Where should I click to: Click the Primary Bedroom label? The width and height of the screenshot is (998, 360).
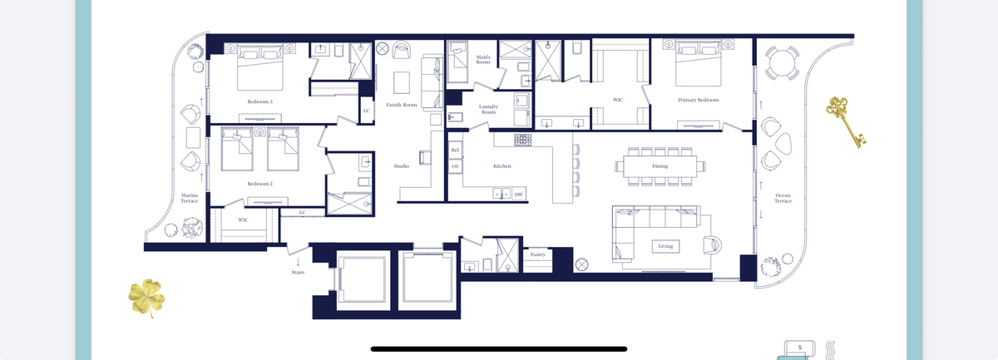[698, 101]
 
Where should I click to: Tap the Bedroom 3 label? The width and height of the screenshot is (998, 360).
[259, 101]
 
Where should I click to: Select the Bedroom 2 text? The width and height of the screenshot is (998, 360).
[259, 184]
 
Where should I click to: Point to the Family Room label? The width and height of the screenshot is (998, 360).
[402, 105]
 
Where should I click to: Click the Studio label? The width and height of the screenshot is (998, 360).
[402, 166]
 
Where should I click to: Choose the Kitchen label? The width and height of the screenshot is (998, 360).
[502, 166]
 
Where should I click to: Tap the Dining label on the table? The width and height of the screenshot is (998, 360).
[660, 166]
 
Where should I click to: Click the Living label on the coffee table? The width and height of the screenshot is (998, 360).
[665, 246]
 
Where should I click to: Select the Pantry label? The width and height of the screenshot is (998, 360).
[538, 254]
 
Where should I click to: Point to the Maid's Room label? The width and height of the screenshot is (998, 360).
[483, 60]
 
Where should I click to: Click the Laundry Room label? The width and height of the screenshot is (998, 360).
[488, 109]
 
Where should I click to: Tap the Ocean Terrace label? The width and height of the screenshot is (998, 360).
[783, 198]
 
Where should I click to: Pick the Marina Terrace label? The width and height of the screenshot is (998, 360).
[190, 198]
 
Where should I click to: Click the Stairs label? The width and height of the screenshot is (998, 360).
[298, 272]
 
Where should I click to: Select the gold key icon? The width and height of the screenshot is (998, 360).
[844, 121]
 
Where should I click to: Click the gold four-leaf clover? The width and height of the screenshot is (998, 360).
[146, 297]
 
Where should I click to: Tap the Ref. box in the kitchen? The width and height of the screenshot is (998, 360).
[455, 150]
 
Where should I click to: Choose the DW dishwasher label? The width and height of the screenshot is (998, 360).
[519, 195]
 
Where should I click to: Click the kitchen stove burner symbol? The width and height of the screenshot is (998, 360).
[522, 140]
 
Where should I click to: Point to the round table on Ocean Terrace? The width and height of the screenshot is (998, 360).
[782, 63]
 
